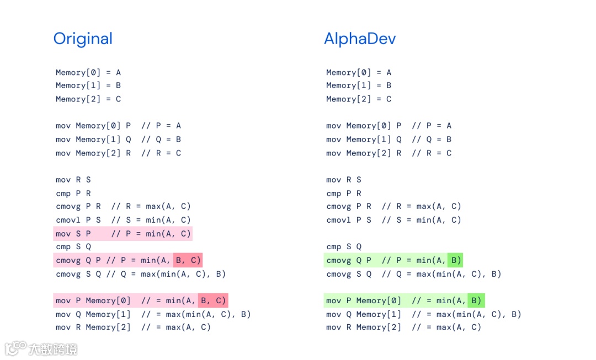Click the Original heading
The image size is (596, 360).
pos(83,39)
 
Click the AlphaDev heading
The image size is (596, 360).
pos(359,39)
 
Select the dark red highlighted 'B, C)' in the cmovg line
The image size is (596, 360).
pos(188,260)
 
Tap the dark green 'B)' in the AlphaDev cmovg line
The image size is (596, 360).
pos(455,260)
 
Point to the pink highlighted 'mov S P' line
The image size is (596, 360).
pos(123,234)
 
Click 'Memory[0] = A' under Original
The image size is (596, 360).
pos(88,72)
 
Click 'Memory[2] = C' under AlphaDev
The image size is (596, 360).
pos(359,99)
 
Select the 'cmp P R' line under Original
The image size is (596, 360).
pos(73,194)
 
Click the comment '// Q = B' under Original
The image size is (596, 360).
pos(161,139)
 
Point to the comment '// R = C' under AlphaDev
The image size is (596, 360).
pos(432,153)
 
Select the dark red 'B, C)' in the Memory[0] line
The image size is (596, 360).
pos(212,300)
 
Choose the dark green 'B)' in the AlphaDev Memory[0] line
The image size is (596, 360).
pos(476,300)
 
